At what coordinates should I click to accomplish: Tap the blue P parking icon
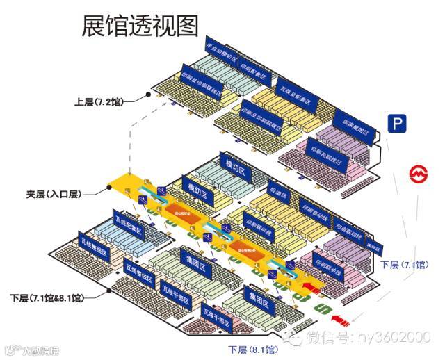coord(396,124)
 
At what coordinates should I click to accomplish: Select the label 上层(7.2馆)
coord(99,101)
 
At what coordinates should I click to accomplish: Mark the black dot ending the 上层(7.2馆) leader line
coord(148,95)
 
